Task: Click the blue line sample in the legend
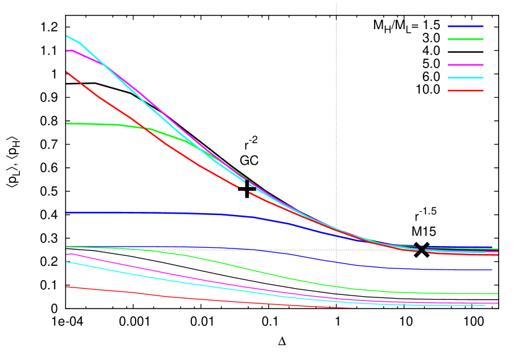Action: [466, 26]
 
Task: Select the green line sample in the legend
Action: [466, 39]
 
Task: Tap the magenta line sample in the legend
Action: [466, 64]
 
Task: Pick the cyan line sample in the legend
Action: [466, 78]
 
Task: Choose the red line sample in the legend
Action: [466, 91]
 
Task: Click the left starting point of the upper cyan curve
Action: [66, 36]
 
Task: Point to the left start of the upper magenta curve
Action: [66, 51]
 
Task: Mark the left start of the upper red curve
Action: [66, 72]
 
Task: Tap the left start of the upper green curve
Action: [66, 124]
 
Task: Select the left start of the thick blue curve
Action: [66, 213]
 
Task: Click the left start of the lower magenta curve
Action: [66, 255]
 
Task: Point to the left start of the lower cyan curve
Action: [66, 262]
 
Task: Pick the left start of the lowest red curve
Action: [66, 287]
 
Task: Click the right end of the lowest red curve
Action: [351, 307]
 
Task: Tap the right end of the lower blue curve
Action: [492, 270]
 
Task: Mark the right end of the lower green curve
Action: [498, 294]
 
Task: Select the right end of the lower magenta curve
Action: [498, 303]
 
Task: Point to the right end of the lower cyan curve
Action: [486, 305]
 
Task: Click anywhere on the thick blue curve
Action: [155, 213]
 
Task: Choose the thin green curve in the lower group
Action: [248, 269]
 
